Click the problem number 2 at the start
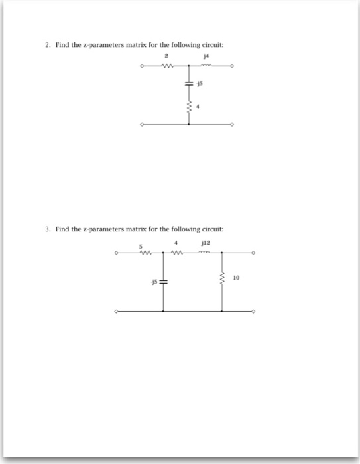pyautogui.click(x=48, y=46)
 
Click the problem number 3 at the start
pyautogui.click(x=48, y=229)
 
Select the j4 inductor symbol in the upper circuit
pyautogui.click(x=208, y=66)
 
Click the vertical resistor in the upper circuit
pyautogui.click(x=189, y=105)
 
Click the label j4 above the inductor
pyautogui.click(x=208, y=58)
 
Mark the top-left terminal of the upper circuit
pyautogui.click(x=142, y=66)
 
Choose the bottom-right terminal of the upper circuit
pyautogui.click(x=233, y=124)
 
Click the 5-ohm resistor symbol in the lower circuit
pyautogui.click(x=142, y=253)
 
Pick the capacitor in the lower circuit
pyautogui.click(x=163, y=281)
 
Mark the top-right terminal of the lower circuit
pyautogui.click(x=253, y=253)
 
